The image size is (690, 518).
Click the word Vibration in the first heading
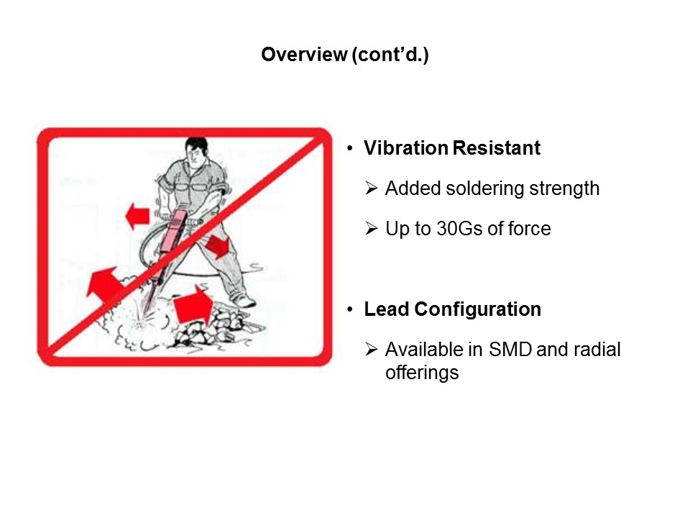(x=405, y=148)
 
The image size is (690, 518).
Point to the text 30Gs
(x=458, y=229)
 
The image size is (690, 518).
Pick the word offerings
(x=421, y=373)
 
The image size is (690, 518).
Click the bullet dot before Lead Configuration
(x=350, y=310)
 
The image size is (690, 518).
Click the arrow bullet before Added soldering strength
(x=371, y=189)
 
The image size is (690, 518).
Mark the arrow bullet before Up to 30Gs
(x=371, y=230)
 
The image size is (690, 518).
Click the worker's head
(x=195, y=151)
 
